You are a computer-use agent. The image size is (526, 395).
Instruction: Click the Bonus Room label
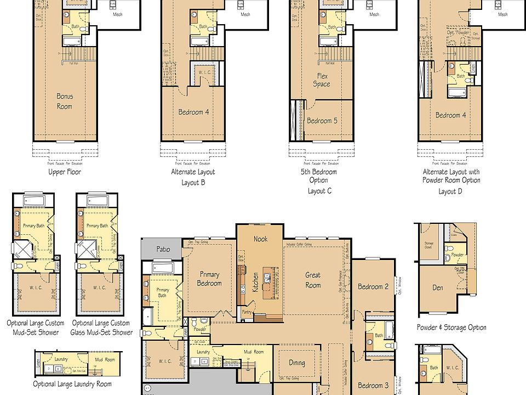65,101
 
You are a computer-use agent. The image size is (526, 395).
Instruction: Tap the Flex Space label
322,80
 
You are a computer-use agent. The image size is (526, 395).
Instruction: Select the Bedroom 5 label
322,121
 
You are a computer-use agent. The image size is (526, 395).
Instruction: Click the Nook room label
260,239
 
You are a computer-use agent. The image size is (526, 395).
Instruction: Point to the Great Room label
313,280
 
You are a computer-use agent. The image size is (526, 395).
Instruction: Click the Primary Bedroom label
209,279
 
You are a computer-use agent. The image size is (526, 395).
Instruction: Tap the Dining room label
296,363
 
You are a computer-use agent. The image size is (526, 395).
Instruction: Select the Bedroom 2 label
373,286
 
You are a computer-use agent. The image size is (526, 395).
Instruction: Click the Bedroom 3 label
373,386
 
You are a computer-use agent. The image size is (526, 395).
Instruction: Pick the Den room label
437,287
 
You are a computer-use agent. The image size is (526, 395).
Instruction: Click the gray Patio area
163,249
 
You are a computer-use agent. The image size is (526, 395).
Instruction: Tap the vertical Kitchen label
255,281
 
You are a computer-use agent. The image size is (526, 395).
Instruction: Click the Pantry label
248,312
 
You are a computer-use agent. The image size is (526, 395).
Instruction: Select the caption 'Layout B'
193,183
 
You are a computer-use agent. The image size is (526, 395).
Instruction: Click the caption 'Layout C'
319,191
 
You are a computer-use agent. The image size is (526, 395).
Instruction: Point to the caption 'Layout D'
451,191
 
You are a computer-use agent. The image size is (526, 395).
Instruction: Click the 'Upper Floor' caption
65,172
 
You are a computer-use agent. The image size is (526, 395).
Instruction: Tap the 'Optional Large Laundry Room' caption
72,384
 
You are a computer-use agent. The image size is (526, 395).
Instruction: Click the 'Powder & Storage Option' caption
451,328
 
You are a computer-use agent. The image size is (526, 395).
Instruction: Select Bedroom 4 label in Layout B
193,112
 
